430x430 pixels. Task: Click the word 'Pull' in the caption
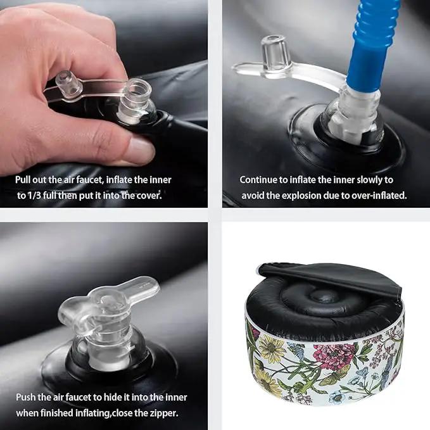click(x=22, y=180)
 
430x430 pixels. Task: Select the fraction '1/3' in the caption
click(x=35, y=196)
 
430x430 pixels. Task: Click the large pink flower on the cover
click(x=331, y=356)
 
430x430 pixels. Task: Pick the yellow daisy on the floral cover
click(x=271, y=347)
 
